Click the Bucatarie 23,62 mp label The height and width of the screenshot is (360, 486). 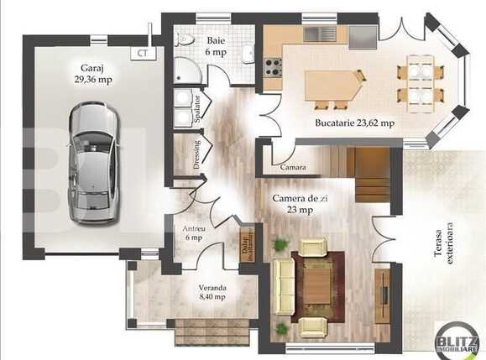click(x=354, y=123)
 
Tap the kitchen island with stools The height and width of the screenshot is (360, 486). click(x=333, y=86)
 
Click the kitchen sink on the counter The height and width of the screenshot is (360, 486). click(x=320, y=34)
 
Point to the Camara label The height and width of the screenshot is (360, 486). click(x=292, y=168)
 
